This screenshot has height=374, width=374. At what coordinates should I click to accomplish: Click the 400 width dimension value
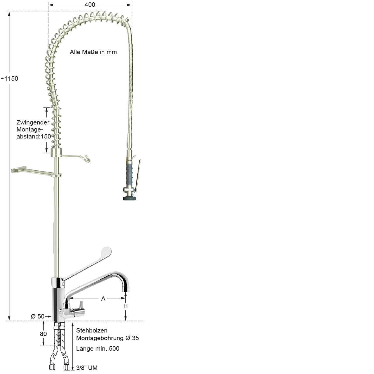pyautogui.click(x=90, y=4)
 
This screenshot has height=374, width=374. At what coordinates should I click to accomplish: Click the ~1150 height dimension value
pyautogui.click(x=9, y=79)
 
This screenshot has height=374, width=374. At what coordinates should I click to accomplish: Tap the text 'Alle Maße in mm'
pyautogui.click(x=93, y=52)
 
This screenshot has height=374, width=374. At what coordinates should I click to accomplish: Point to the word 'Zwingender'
pyautogui.click(x=33, y=122)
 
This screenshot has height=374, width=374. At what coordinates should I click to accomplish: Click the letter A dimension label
pyautogui.click(x=103, y=299)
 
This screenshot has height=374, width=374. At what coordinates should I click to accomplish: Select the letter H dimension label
pyautogui.click(x=126, y=306)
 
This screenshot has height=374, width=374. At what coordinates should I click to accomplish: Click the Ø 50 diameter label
pyautogui.click(x=38, y=316)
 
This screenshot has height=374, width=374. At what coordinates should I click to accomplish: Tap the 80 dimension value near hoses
pyautogui.click(x=43, y=334)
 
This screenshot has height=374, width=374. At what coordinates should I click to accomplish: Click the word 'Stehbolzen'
pyautogui.click(x=92, y=330)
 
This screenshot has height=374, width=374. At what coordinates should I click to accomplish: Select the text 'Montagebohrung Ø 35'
pyautogui.click(x=108, y=338)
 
